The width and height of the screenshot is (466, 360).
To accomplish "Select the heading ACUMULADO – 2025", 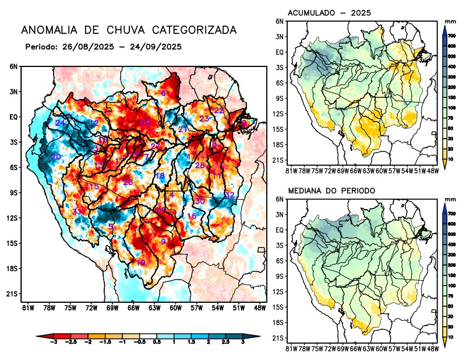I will [330, 12].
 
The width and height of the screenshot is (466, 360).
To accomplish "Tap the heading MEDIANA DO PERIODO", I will [331, 190].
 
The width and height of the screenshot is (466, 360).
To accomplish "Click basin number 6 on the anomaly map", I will [164, 93].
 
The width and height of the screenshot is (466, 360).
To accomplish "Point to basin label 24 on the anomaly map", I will [60, 123].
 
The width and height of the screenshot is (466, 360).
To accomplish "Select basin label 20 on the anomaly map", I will [56, 157].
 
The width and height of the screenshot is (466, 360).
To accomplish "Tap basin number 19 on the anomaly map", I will [140, 263].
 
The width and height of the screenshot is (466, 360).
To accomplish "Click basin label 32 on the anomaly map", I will [230, 195].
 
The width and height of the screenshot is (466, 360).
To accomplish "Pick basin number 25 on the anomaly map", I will [145, 123].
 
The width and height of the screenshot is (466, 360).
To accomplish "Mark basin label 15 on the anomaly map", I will [93, 186].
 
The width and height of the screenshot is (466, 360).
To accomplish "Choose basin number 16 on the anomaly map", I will [192, 216].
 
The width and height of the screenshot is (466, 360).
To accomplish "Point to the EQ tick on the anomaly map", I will [13, 117].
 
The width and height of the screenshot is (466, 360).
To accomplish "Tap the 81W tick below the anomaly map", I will [27, 307].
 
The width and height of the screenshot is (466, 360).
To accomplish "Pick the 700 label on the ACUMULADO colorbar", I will [451, 36].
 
